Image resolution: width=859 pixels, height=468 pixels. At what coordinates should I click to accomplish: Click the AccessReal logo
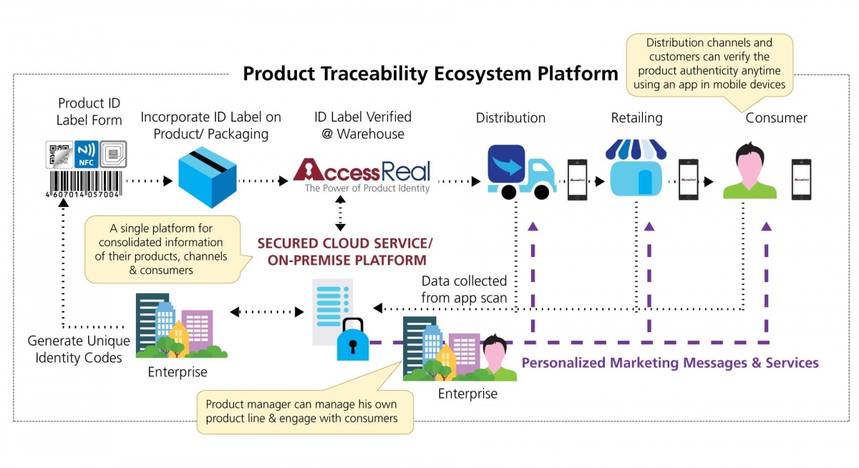tap(362, 172)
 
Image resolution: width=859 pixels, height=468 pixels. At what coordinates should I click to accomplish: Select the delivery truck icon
tap(520, 172)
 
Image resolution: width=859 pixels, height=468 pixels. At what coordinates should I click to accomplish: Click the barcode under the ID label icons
tap(84, 183)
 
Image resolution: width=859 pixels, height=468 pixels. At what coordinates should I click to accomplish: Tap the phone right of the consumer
tap(801, 179)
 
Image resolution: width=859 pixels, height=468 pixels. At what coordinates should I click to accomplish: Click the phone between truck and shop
tap(577, 179)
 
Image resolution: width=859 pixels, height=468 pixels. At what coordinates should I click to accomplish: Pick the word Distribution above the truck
tap(510, 118)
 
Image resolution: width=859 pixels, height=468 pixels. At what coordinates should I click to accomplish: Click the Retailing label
tap(636, 118)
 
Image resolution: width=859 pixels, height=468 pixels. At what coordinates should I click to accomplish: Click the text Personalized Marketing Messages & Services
tap(670, 363)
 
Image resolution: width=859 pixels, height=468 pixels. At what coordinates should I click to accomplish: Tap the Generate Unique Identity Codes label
tap(79, 348)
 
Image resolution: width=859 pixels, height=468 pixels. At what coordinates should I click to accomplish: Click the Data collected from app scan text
tap(464, 288)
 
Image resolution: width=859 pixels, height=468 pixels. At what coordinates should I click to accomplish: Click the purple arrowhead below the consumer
tap(767, 226)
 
